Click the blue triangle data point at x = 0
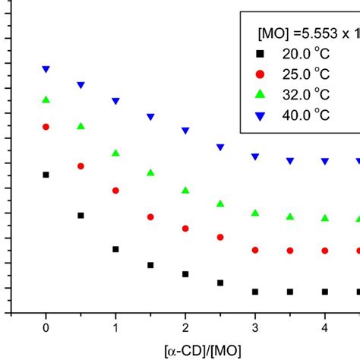point(46,69)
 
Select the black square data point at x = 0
point(46,175)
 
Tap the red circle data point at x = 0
point(46,127)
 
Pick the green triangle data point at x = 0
point(46,99)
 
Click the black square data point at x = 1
point(115,249)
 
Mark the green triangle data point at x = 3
point(255,213)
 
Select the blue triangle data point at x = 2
point(185,131)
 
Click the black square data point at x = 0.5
point(81,216)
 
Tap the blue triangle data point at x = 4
point(325,162)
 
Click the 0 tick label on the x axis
point(46,330)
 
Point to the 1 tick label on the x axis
point(115,330)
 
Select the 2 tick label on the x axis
point(185,330)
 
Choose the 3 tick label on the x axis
point(255,330)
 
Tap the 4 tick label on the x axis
point(325,330)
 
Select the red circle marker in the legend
point(260,74)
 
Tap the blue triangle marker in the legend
point(260,116)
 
